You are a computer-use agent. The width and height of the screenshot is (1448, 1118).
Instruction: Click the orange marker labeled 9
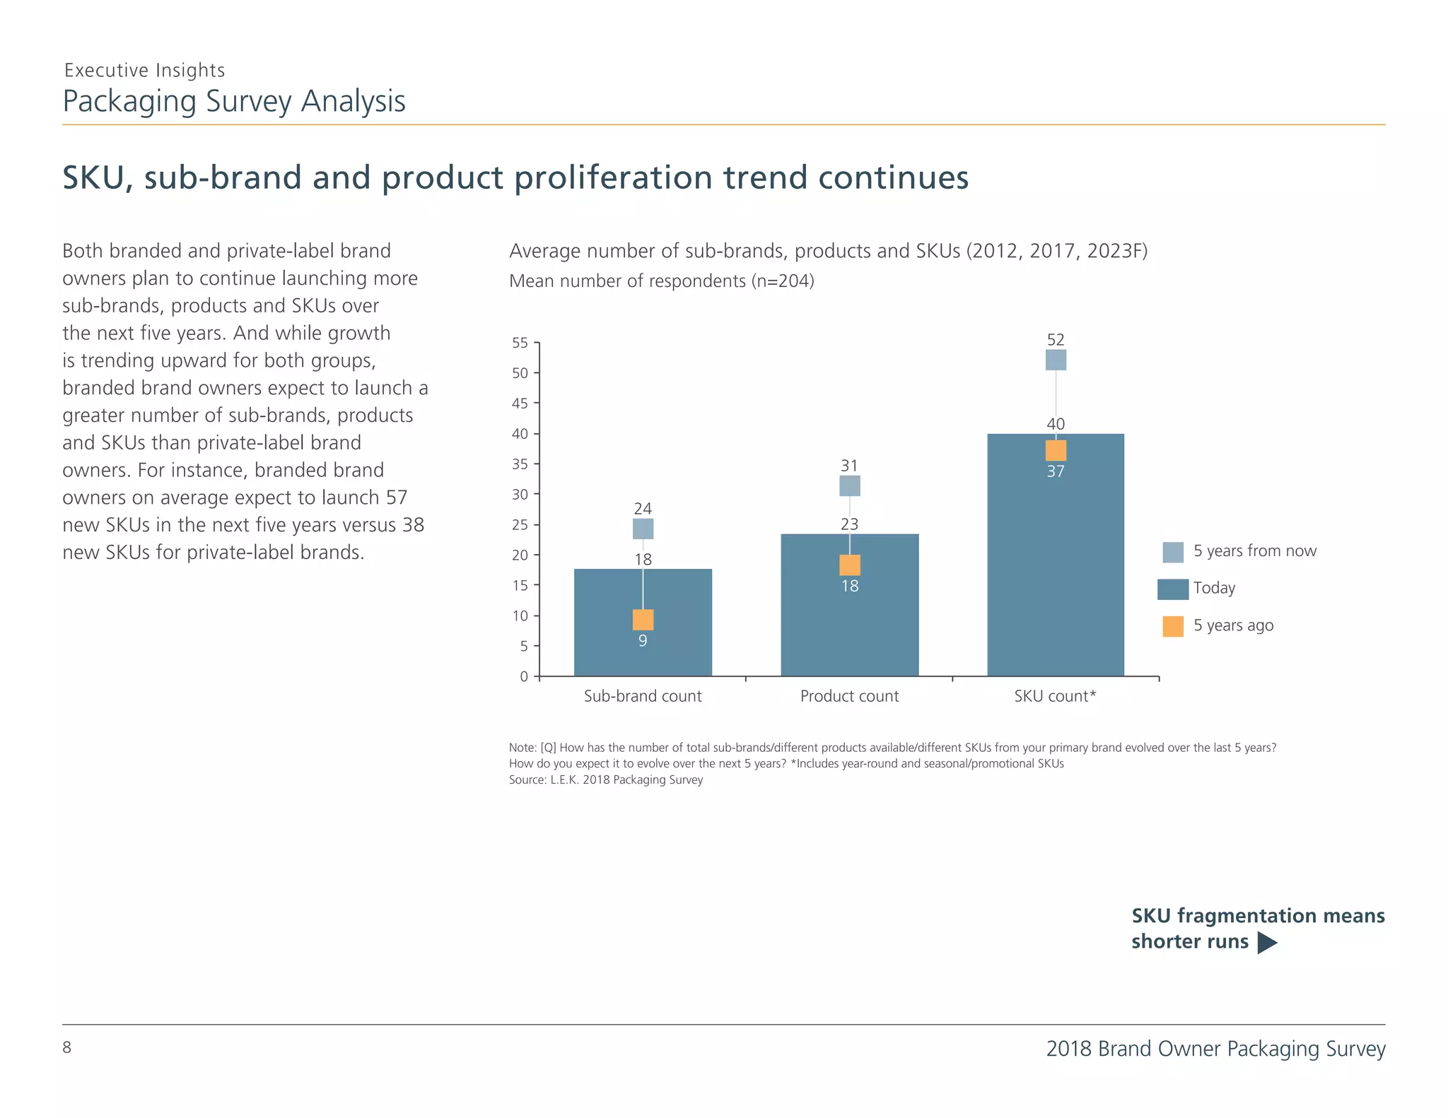643,620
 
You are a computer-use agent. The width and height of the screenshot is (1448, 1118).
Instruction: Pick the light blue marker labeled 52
1056,360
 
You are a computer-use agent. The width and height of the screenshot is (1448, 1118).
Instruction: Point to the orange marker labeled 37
1056,450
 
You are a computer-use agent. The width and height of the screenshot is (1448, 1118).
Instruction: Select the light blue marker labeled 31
849,486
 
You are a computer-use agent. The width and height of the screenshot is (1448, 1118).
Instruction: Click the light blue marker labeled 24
643,529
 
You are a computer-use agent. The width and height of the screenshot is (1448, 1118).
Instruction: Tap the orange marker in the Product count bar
849,565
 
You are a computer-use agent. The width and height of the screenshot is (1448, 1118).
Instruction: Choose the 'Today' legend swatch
1173,589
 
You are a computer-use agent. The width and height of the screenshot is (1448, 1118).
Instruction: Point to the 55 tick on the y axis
520,343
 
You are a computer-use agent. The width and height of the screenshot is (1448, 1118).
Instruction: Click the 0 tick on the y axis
524,676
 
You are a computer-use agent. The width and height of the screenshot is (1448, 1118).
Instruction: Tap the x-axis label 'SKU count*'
1055,696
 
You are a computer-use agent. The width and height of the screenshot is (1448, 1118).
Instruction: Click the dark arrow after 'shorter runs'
1267,943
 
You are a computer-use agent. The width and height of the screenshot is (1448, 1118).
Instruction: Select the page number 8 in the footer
67,1047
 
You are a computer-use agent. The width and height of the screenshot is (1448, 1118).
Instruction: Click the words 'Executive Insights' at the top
144,70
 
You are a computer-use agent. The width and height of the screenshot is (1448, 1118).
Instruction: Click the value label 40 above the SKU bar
1056,424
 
